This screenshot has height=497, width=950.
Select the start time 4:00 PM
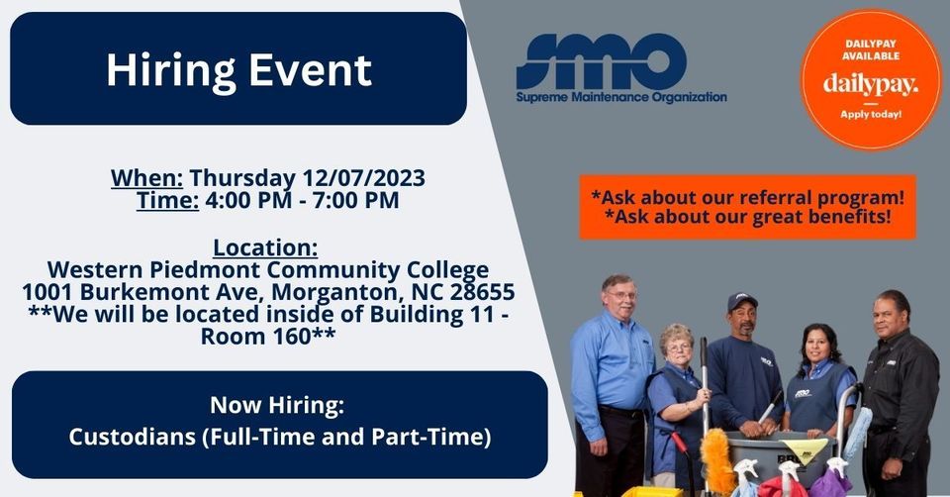[x=247, y=201]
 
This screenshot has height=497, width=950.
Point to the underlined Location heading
[x=265, y=247]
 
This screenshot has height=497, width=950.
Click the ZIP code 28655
[x=478, y=293]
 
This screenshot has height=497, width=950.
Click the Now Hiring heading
[x=278, y=405]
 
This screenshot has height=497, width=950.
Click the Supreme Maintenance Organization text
[x=621, y=97]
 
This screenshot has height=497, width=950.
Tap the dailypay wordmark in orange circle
[x=871, y=85]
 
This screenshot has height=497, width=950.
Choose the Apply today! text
[x=871, y=115]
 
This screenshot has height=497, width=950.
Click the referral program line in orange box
[x=747, y=196]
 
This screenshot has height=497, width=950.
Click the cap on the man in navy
[x=741, y=301]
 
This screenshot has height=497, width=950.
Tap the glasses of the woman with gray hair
[x=677, y=347]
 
